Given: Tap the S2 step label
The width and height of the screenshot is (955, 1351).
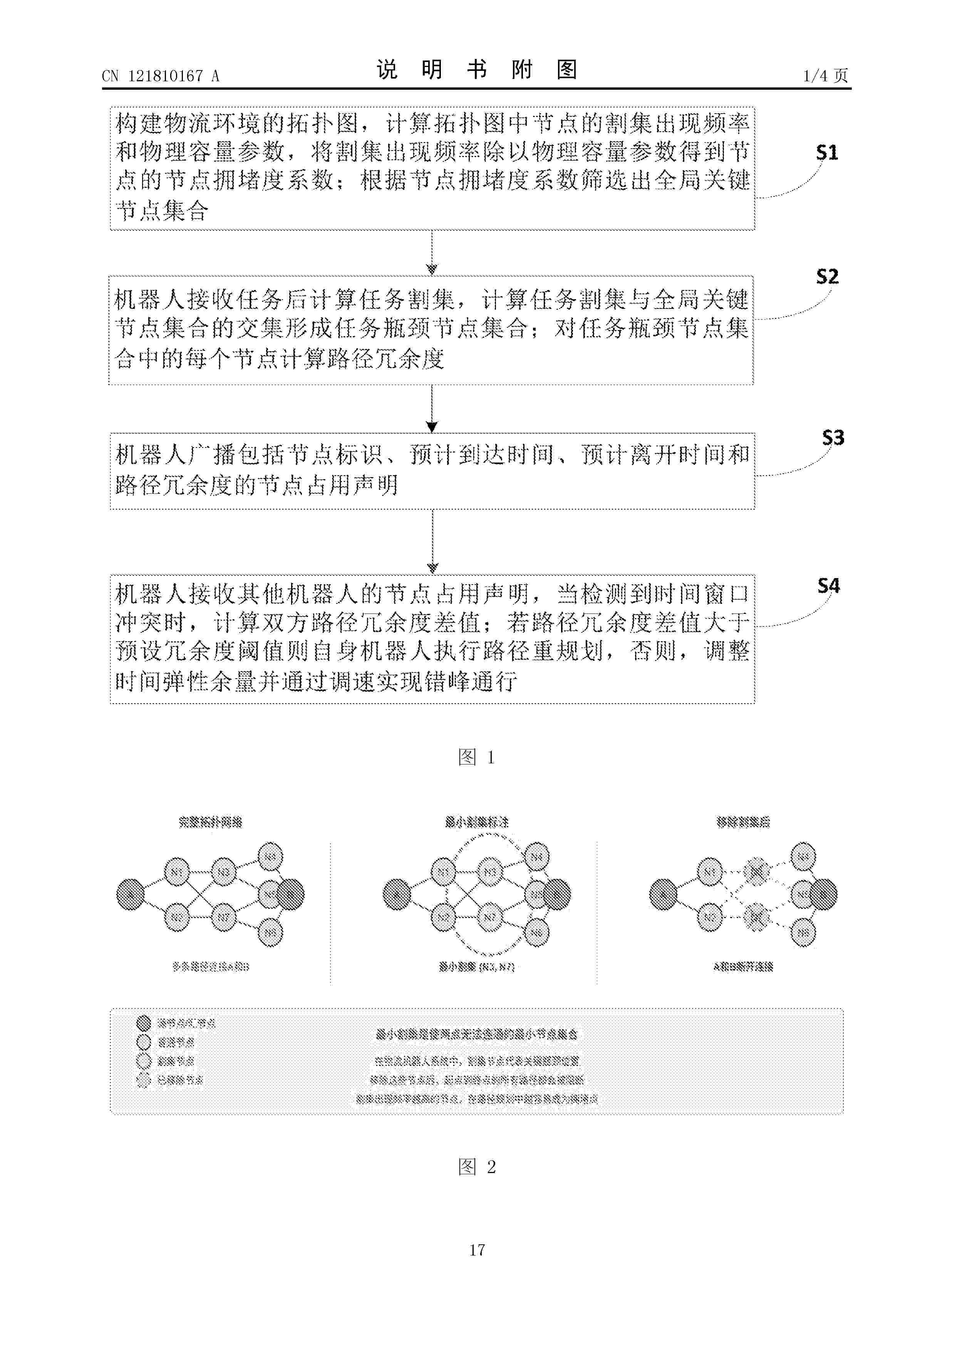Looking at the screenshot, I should point(827,277).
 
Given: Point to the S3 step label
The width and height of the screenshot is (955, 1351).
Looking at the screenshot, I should point(833,438).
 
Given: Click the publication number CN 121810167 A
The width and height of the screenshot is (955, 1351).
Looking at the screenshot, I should point(160,76).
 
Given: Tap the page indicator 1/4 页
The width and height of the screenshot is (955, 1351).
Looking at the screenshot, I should point(825,76).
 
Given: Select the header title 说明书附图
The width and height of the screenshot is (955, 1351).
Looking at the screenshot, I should point(477,70).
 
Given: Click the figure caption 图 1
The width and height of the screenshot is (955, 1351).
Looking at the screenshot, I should point(477,757).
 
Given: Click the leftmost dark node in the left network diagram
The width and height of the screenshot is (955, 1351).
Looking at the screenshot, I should point(130,894).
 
